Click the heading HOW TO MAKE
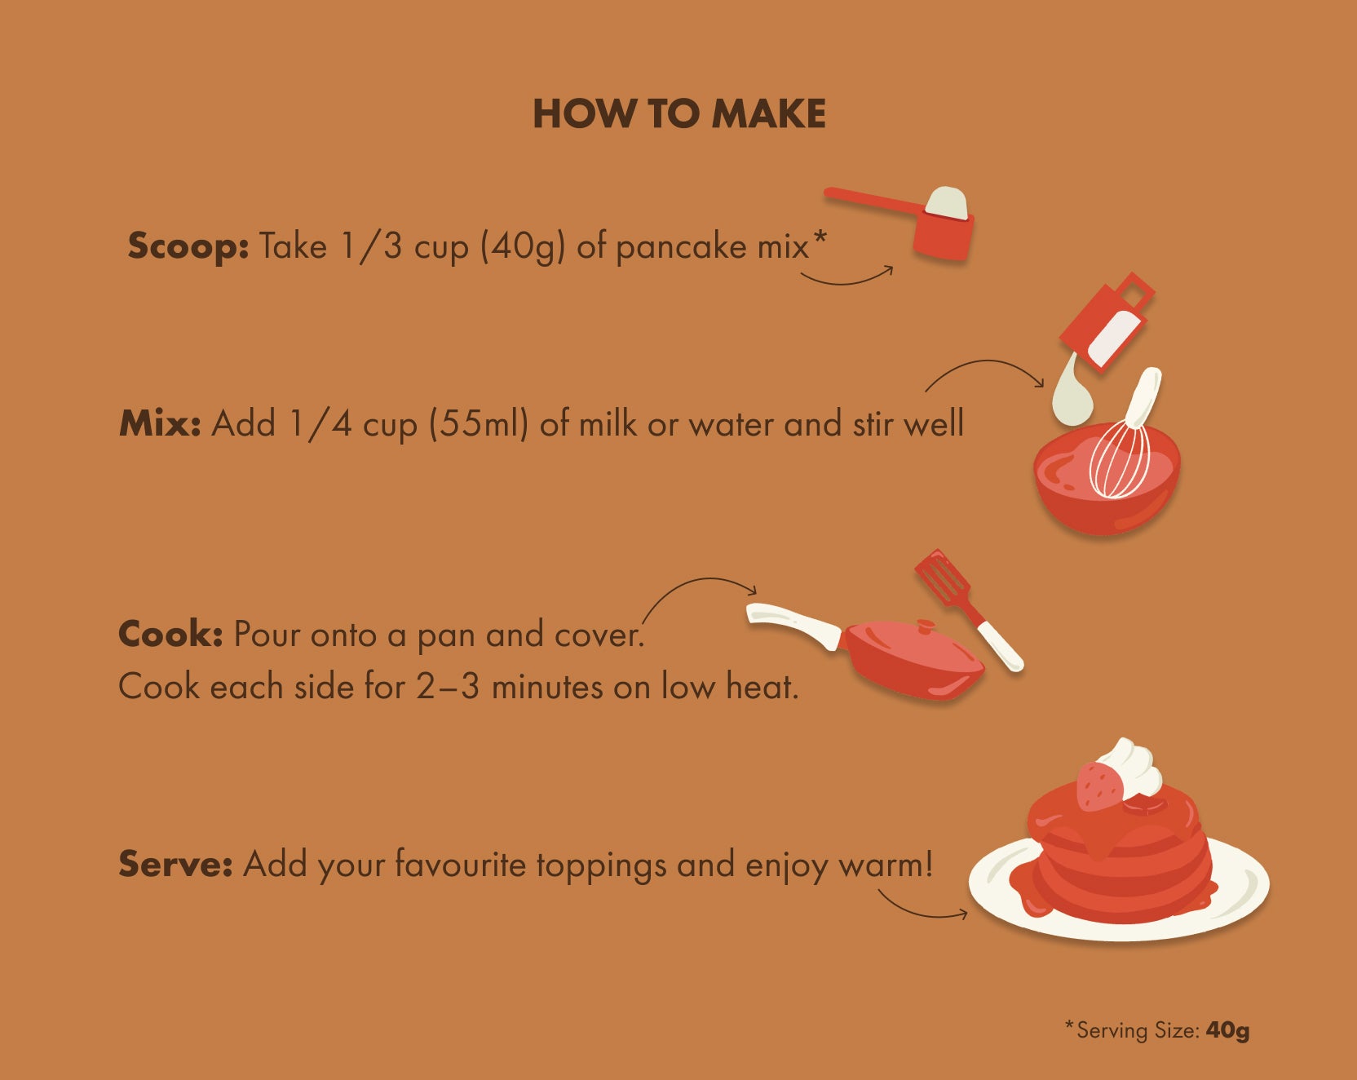coord(679,114)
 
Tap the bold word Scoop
coord(188,246)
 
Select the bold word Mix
coord(160,423)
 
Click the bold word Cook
coord(170,634)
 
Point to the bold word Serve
coord(176,864)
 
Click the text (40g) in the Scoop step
coord(523,246)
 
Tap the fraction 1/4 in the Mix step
coord(320,424)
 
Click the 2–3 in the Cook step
coord(448,687)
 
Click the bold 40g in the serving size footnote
coord(1227,1030)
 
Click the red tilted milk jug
coord(1107,321)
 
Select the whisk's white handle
coord(1143,396)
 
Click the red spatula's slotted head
coord(943,576)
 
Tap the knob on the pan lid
coord(926,626)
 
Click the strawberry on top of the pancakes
coord(1101,786)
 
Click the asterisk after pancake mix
coord(820,237)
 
